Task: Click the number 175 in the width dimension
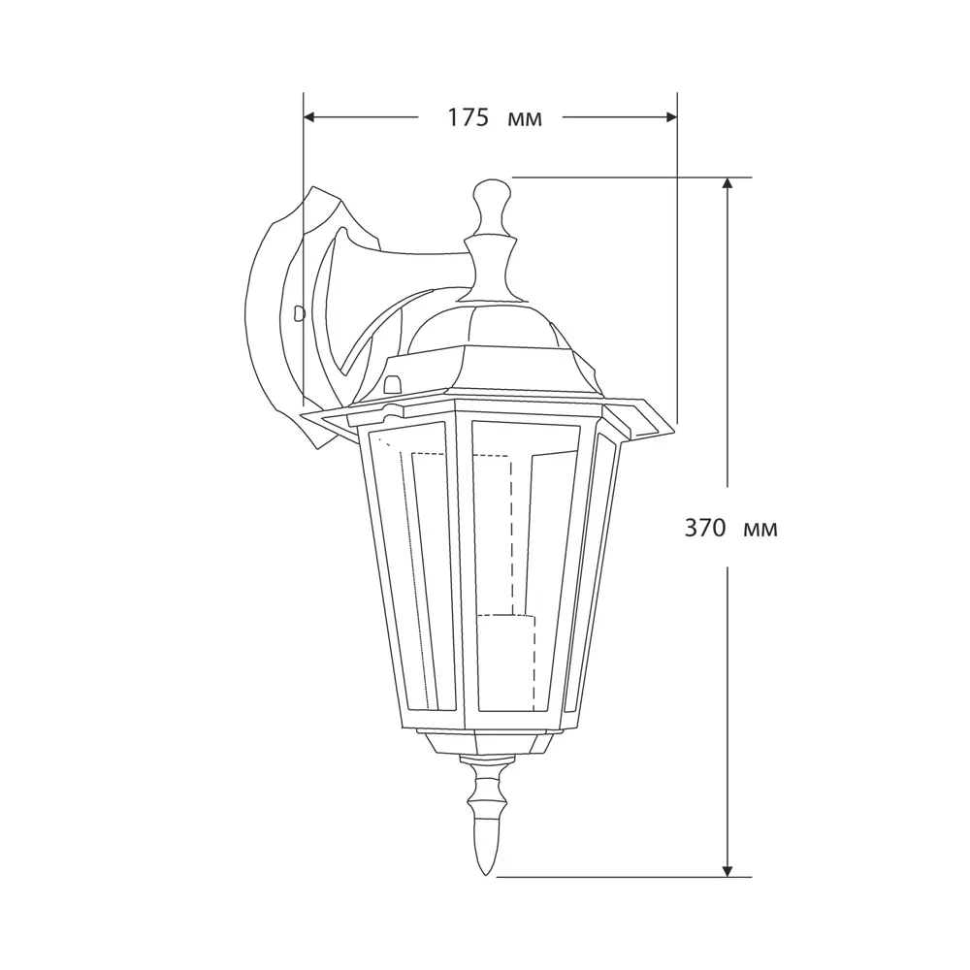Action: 467,118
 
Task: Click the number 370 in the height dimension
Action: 705,529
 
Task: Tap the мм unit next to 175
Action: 525,119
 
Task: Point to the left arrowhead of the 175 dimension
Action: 310,117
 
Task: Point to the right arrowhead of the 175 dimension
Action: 670,117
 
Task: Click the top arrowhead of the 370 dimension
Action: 727,184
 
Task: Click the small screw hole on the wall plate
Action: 299,312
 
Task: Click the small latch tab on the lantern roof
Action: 393,381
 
